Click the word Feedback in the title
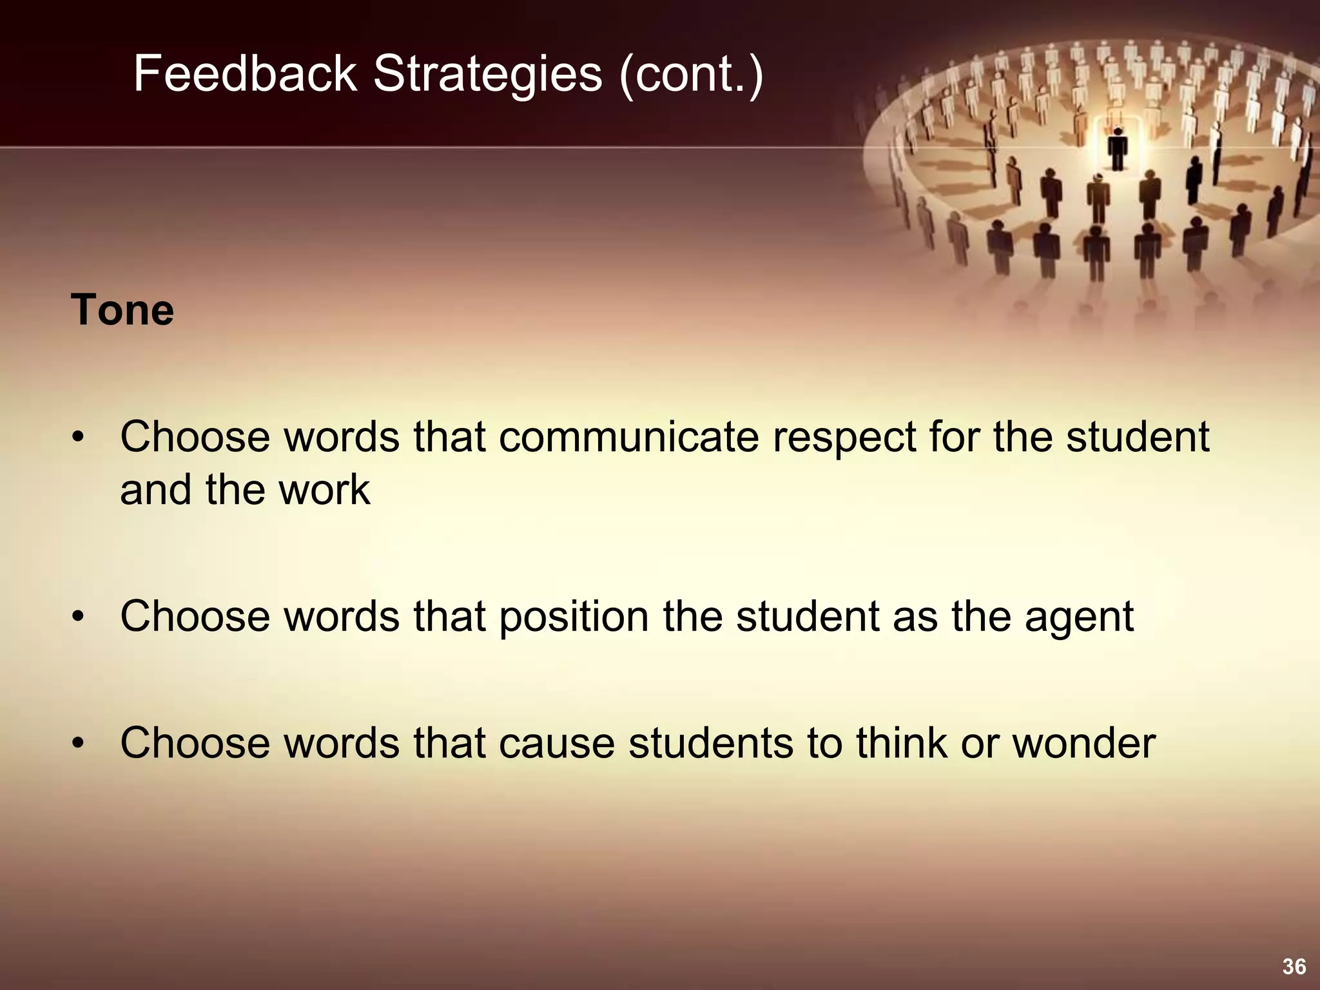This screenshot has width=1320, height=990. [245, 74]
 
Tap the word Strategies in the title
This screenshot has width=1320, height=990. [487, 74]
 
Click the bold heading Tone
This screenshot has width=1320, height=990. [122, 310]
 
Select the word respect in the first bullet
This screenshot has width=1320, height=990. [845, 437]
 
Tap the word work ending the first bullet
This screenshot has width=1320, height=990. [324, 490]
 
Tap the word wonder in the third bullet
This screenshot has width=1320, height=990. [1084, 742]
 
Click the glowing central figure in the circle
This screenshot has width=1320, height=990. [1118, 148]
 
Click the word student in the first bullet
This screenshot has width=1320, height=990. [1138, 437]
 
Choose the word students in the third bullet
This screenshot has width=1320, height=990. [710, 742]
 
